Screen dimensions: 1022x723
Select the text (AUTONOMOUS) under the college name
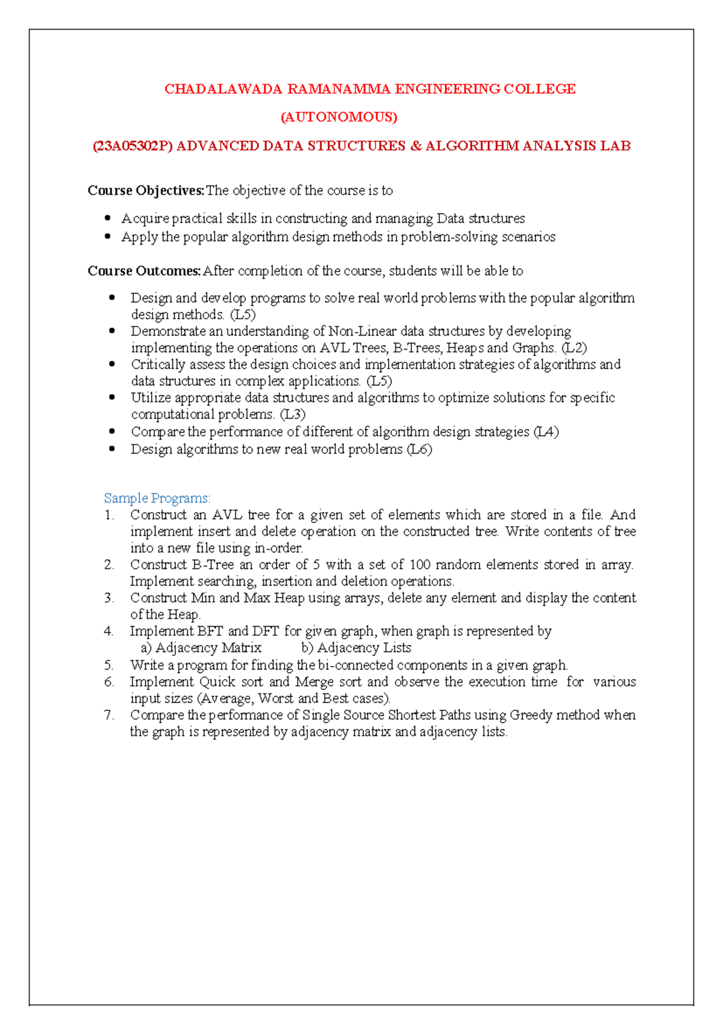pyautogui.click(x=339, y=117)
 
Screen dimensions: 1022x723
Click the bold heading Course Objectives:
pyautogui.click(x=146, y=190)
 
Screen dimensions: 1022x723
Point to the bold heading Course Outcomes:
pyautogui.click(x=144, y=271)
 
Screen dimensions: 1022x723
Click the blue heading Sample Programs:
pyautogui.click(x=157, y=498)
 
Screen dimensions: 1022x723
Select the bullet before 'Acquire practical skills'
pyautogui.click(x=108, y=218)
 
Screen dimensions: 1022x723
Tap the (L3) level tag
pyautogui.click(x=293, y=415)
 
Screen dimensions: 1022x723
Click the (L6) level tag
pyautogui.click(x=419, y=450)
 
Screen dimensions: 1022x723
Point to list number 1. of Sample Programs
pyautogui.click(x=109, y=515)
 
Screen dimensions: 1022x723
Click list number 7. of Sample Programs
pyautogui.click(x=109, y=715)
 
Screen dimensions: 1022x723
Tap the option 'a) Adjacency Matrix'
pyautogui.click(x=201, y=648)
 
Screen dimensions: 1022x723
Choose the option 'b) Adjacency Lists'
pyautogui.click(x=356, y=648)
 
